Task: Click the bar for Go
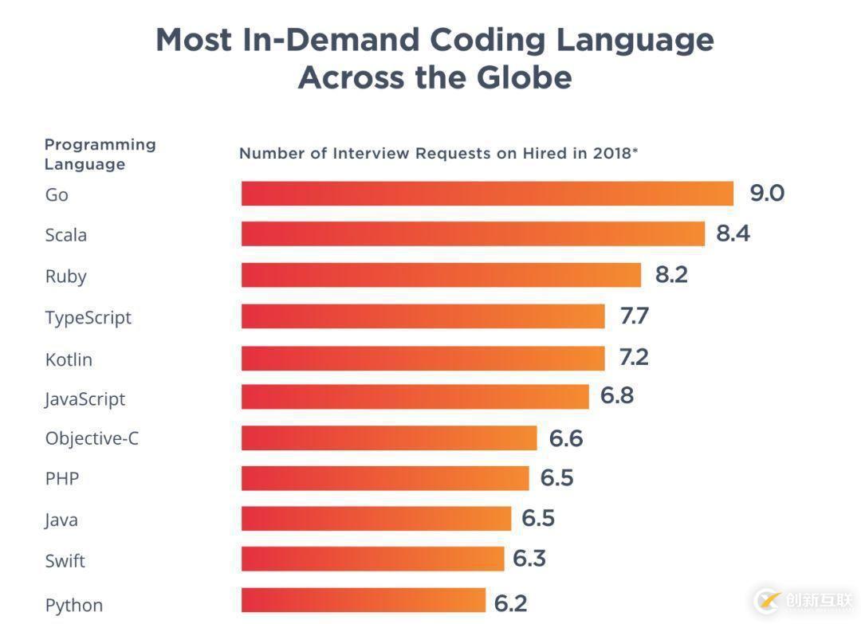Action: pos(487,194)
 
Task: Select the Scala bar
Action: pos(473,234)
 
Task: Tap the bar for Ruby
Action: pos(441,275)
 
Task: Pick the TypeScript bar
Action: pos(423,316)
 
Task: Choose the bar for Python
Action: pos(364,601)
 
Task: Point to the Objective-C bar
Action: pos(389,438)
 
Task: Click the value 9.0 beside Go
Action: pos(767,194)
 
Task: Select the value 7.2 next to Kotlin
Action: pos(634,357)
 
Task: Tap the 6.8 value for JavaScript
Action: pos(617,396)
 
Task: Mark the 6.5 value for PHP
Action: pos(557,478)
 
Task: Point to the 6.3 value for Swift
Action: pos(529,559)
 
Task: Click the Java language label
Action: pos(61,520)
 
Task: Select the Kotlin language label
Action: pos(69,359)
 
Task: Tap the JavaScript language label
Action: pos(85,398)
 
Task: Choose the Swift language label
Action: pos(65,561)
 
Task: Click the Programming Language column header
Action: pos(100,154)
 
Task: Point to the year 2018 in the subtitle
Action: pos(611,154)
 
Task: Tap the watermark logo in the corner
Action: pos(767,599)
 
